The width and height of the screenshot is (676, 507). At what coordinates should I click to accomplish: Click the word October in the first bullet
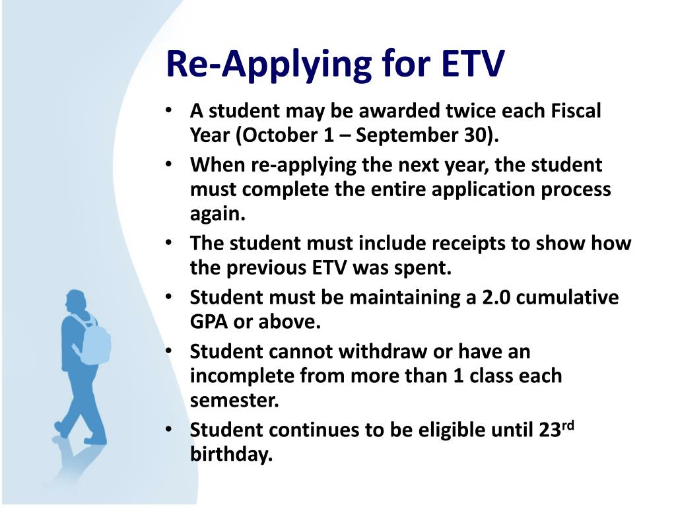[285, 135]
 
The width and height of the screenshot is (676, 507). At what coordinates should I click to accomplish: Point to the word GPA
[209, 322]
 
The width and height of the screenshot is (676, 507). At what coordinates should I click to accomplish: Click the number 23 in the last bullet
[550, 430]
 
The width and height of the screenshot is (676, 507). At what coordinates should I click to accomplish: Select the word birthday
[232, 454]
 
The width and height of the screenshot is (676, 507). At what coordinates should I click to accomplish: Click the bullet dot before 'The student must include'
[169, 242]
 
